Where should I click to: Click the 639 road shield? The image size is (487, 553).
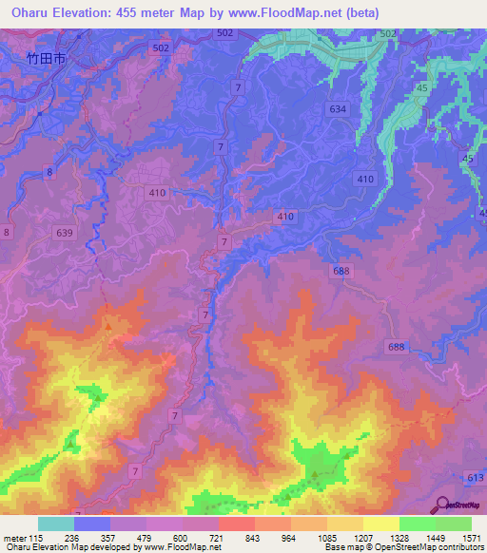tap(65, 233)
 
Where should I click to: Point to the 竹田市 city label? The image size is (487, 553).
tap(47, 58)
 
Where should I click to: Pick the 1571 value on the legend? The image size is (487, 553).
tap(470, 538)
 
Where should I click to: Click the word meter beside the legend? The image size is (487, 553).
tap(15, 538)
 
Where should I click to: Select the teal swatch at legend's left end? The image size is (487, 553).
tap(56, 524)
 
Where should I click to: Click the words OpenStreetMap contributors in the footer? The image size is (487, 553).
tap(435, 548)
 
